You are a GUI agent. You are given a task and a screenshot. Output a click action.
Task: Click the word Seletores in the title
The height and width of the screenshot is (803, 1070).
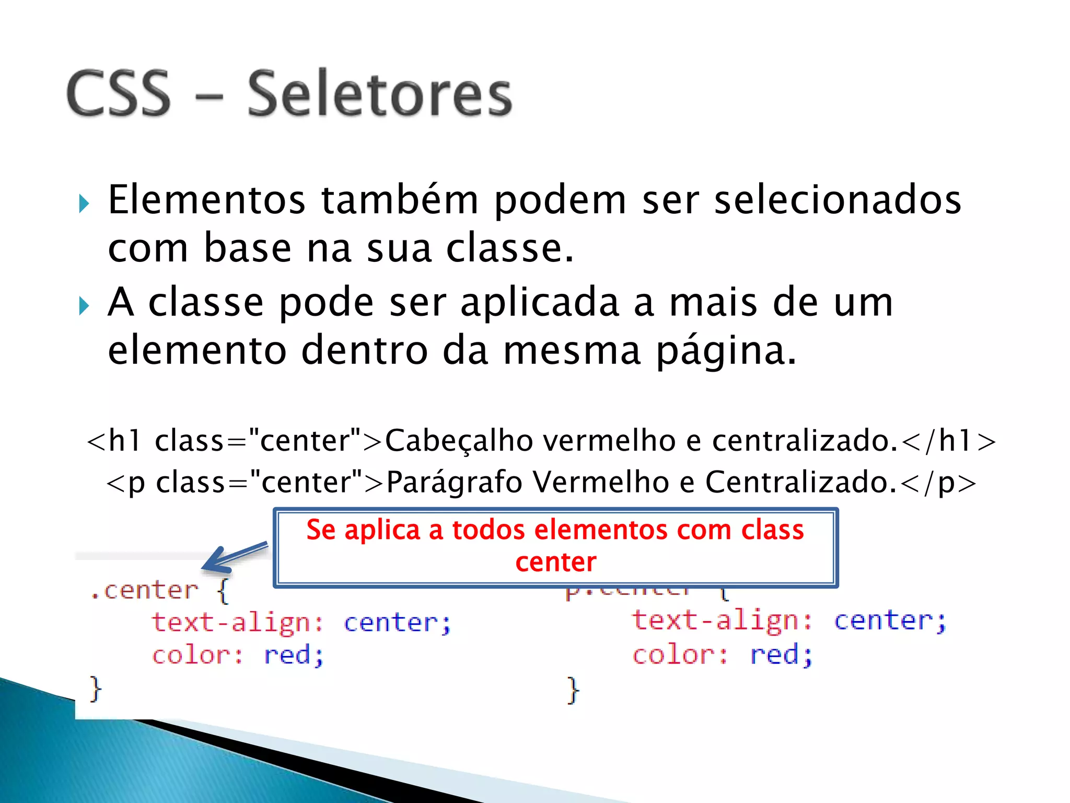point(380,94)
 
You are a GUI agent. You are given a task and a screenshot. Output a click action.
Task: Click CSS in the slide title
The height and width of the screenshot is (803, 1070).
point(119,94)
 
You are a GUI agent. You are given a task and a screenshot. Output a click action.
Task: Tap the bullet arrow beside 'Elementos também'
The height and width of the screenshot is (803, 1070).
point(84,203)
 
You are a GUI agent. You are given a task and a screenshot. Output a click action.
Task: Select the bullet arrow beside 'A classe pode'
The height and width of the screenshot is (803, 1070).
point(84,306)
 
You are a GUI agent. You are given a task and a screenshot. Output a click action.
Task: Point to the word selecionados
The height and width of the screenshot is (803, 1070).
point(838,200)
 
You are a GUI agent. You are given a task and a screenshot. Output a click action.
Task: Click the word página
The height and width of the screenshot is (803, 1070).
point(726,351)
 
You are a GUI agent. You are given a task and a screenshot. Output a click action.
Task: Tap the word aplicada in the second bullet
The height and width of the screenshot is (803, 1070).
point(540,303)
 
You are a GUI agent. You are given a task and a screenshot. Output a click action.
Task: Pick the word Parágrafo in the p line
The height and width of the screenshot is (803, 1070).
point(453,482)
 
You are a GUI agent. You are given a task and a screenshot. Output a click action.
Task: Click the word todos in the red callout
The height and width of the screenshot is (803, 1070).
point(488,530)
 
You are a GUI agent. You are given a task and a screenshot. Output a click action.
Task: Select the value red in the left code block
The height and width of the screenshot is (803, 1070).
point(293,655)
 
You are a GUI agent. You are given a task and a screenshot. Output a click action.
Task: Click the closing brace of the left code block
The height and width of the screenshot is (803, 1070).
point(96,689)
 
